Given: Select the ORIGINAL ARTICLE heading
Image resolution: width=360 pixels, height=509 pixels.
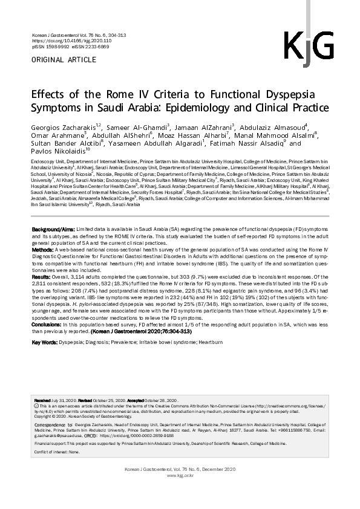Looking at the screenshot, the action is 63,59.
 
